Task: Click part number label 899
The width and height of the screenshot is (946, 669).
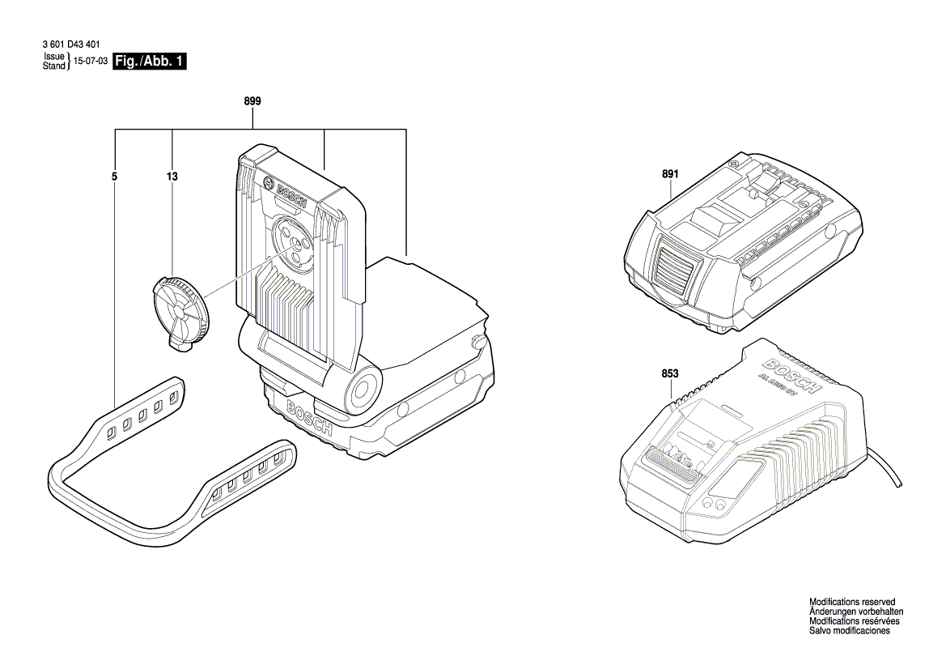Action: (x=252, y=101)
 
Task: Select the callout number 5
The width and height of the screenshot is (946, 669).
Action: (x=115, y=176)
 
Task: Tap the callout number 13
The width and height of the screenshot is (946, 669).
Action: (x=172, y=176)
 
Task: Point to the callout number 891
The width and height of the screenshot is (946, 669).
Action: (x=670, y=174)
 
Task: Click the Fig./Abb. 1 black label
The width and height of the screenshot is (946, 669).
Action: (x=151, y=62)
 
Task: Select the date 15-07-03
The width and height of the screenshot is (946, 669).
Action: (x=91, y=62)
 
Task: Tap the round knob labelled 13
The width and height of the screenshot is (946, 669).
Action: (x=180, y=309)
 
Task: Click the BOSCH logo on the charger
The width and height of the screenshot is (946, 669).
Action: (x=792, y=376)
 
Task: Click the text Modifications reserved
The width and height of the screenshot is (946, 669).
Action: (x=852, y=602)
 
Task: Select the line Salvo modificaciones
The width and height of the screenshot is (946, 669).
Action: (x=850, y=631)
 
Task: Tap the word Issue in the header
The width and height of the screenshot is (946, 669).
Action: (x=53, y=57)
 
